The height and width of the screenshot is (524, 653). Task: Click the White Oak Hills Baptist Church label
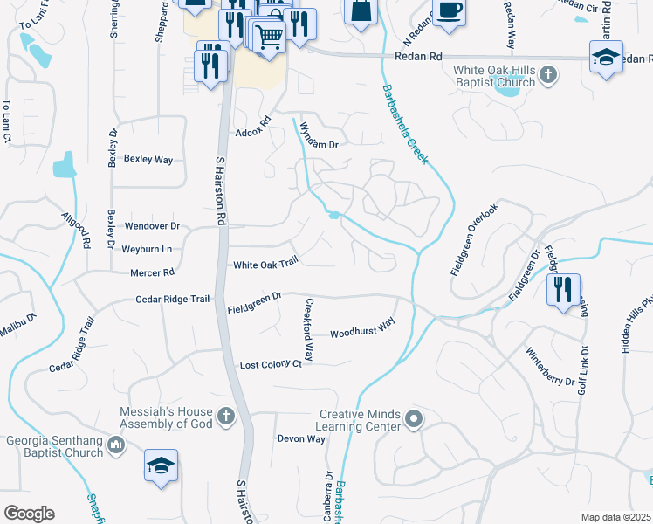point(494,77)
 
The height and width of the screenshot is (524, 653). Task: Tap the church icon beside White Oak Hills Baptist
point(547,74)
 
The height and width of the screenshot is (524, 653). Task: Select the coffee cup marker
point(449,12)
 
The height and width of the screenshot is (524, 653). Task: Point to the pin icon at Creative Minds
point(414,420)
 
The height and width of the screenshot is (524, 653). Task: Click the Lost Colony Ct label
point(271,363)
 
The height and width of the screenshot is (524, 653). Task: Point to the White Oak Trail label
point(266,263)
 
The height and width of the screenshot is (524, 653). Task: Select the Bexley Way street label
point(148,160)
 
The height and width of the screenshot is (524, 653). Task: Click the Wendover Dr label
point(152,225)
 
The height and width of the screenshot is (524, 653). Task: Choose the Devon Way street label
point(301,438)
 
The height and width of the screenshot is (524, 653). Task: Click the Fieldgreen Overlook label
point(475,239)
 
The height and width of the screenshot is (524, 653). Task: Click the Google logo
point(29,514)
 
